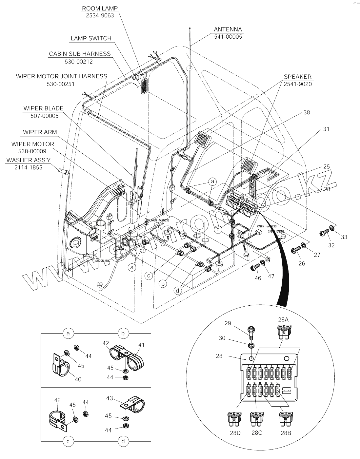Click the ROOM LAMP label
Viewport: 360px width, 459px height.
click(x=100, y=8)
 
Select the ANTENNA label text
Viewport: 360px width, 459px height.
click(x=228, y=29)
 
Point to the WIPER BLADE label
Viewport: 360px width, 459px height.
click(x=43, y=108)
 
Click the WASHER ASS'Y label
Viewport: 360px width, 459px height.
click(x=28, y=160)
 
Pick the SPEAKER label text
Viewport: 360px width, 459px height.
click(x=297, y=77)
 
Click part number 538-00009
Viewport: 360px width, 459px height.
click(x=33, y=151)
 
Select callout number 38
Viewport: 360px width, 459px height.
click(x=307, y=112)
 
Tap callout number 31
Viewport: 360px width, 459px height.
click(x=326, y=129)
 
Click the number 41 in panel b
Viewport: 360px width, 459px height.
click(x=141, y=345)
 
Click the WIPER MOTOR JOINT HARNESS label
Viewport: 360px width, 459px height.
click(x=62, y=76)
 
